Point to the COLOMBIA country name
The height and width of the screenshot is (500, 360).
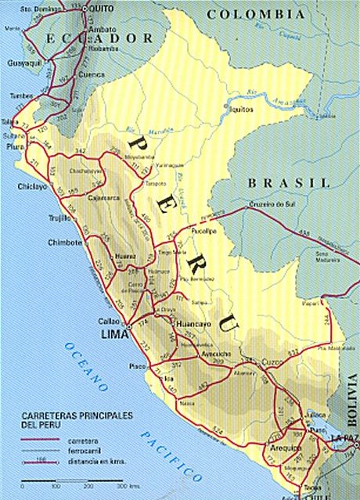tap(255, 14)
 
